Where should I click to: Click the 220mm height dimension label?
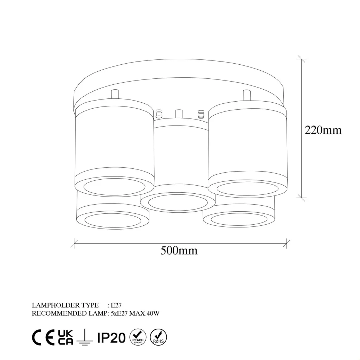tap(323, 130)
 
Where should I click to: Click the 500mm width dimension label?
tap(179, 250)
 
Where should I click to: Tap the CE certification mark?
tap(43, 337)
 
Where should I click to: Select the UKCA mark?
tap(65, 337)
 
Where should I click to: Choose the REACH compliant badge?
tap(138, 337)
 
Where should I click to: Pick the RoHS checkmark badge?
tap(158, 337)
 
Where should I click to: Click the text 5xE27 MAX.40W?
tap(135, 313)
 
